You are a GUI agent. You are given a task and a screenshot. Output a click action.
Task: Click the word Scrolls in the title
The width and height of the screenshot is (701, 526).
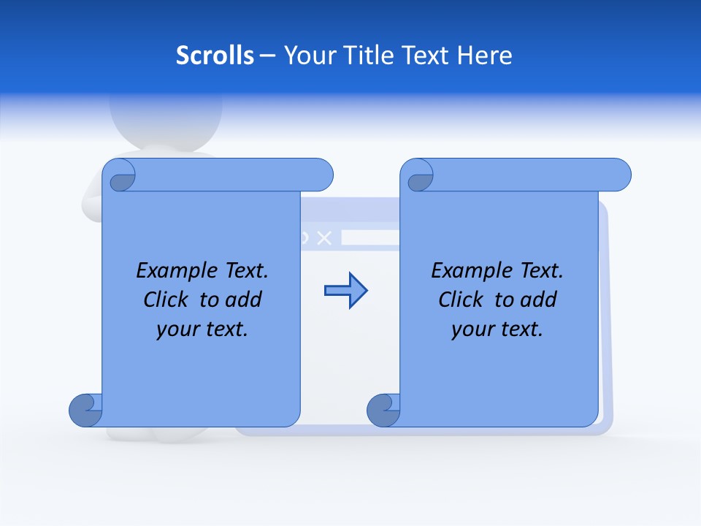tap(215, 56)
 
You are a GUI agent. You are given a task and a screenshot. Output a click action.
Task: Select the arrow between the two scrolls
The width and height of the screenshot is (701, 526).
tap(345, 291)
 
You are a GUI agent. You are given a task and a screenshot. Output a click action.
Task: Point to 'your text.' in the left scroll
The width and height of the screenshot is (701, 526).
tap(202, 329)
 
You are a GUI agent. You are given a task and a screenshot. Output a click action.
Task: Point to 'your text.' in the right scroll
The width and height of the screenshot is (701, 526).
tap(497, 329)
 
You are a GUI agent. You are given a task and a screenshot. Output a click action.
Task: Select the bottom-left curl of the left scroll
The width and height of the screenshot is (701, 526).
tap(85, 411)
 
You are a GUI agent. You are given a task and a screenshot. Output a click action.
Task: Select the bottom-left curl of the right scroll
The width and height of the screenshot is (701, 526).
tap(383, 411)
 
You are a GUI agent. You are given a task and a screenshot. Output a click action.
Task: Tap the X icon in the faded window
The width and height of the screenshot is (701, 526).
tap(326, 237)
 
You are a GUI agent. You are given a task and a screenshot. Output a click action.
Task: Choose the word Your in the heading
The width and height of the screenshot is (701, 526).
tap(309, 56)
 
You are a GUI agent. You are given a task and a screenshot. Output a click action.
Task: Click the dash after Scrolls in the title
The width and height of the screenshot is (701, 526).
tap(267, 56)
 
